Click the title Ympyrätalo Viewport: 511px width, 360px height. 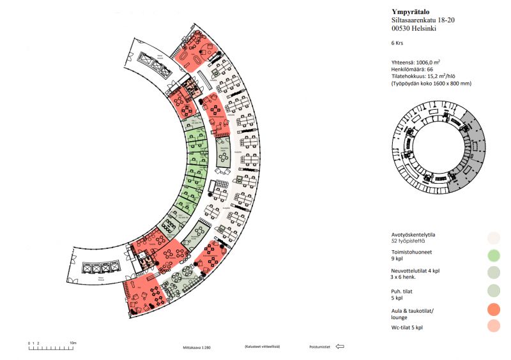pos(411,11)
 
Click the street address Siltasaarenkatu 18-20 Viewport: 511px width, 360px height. pos(423,20)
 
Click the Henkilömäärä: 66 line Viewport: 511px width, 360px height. pos(413,69)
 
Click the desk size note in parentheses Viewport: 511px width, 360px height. pos(431,83)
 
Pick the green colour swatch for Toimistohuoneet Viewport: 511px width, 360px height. pos(492,256)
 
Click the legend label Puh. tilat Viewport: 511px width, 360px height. pos(405,290)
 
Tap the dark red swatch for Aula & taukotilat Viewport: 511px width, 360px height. pos(492,310)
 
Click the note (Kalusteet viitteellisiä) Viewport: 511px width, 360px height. pos(263,347)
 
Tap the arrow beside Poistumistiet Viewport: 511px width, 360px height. pos(339,347)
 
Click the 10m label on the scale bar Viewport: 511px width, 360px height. pos(73,343)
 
